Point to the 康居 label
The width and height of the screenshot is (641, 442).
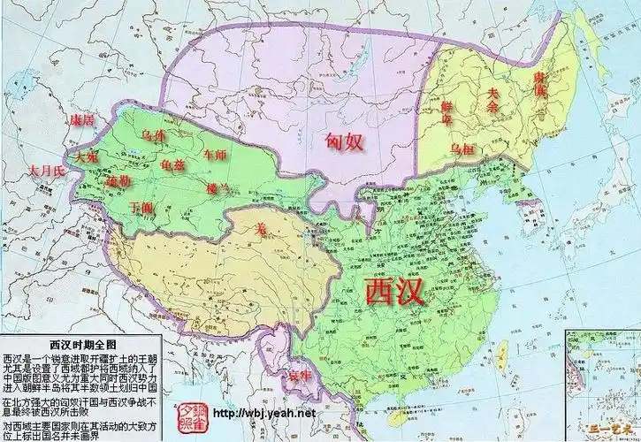pos(82,119)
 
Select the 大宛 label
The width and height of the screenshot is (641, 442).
pos(87,156)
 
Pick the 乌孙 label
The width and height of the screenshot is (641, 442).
pos(153,136)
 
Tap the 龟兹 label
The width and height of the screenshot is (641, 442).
pos(173,164)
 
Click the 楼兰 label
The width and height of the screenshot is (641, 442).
pos(215,187)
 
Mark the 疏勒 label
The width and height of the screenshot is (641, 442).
pos(118,180)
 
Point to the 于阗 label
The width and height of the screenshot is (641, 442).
pos(141,208)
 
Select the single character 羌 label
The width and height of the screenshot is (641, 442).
pos(261,228)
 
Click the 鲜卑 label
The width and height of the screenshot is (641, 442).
pos(453,111)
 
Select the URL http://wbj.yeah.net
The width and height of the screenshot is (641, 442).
pos(264,413)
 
